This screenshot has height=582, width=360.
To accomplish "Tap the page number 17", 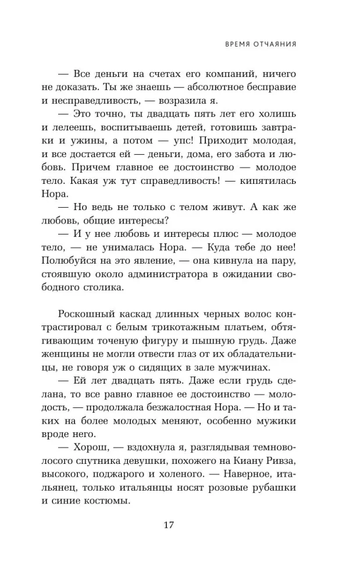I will coord(169,526).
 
